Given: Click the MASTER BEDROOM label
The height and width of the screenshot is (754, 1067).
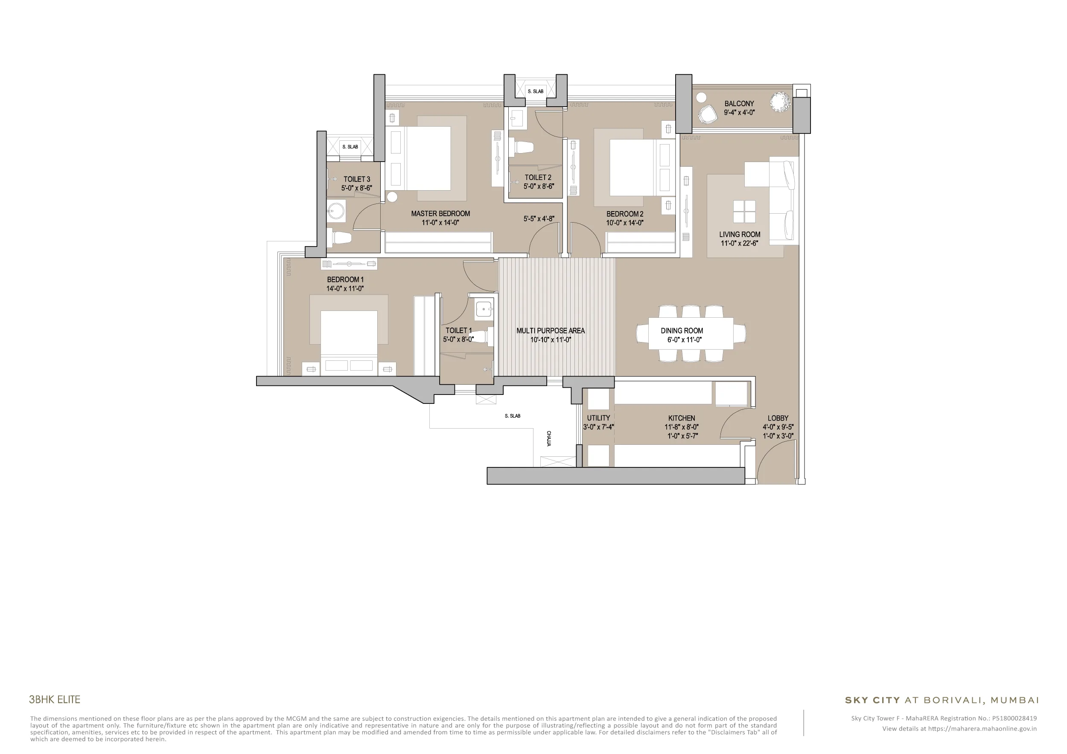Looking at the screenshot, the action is tap(440, 214).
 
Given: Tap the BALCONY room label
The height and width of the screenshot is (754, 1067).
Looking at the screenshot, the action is tap(739, 104).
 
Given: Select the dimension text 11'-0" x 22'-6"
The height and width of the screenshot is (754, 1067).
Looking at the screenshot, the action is tap(739, 243).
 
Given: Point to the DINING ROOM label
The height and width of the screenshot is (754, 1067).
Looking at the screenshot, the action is tap(682, 331).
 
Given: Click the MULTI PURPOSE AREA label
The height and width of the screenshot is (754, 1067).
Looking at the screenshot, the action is tap(550, 331).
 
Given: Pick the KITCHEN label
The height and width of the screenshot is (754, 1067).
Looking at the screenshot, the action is tap(682, 418).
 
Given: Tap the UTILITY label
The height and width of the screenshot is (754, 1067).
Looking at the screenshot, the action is tap(598, 418).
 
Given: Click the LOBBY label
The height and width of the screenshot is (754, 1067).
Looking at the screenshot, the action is tap(778, 418).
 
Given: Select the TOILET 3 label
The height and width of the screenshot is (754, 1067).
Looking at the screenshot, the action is tap(357, 179).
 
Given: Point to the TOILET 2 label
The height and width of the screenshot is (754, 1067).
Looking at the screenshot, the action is tap(538, 177).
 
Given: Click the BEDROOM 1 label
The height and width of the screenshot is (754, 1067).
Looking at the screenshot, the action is tap(345, 279).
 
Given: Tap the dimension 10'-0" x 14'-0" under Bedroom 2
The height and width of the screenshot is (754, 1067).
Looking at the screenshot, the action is tap(624, 223).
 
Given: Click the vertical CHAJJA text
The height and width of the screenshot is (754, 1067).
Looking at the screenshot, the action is tap(548, 439).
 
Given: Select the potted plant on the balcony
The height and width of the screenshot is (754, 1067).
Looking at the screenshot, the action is tap(779, 101).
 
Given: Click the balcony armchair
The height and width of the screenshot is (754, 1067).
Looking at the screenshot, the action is tap(707, 114).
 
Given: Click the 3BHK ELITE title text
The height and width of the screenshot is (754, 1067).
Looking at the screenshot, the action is tap(54, 699).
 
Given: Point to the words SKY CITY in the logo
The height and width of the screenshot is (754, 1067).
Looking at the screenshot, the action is tap(872, 700).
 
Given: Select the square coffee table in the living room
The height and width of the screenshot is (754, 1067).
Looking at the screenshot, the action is tap(744, 211).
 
